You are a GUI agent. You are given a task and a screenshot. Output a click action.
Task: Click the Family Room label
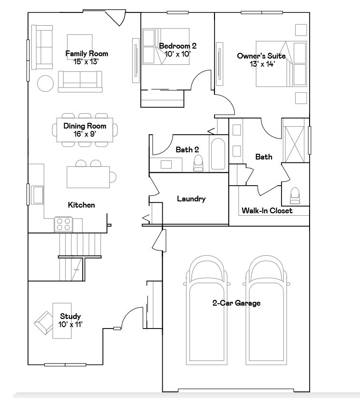pos(87,53)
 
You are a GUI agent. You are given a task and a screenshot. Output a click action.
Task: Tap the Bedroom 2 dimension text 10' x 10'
pos(177,54)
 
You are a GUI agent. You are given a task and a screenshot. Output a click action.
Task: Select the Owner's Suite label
pos(262,56)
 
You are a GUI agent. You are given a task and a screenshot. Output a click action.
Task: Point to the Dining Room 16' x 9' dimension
pos(85,134)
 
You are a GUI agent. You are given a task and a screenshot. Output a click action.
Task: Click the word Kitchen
pos(81,205)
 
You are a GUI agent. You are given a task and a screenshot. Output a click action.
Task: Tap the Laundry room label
pos(191,199)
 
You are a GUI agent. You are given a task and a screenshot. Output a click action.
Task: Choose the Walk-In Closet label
pos(267,210)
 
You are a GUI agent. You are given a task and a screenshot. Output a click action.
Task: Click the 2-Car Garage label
pos(236,303)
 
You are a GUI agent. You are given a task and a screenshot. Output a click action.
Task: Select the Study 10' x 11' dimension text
pos(70,324)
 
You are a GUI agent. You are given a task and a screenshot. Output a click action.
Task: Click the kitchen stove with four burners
pos(63,224)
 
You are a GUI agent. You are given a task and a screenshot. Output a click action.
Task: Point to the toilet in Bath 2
pos(198,163)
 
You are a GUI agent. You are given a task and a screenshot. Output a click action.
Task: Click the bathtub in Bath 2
pos(218,154)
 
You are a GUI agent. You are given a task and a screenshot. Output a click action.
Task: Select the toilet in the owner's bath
pos(295,196)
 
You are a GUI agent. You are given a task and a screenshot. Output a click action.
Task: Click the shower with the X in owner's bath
pos(294,144)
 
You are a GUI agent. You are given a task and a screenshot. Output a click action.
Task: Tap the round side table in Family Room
pos(45,83)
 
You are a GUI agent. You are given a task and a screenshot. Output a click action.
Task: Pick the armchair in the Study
pos(44,323)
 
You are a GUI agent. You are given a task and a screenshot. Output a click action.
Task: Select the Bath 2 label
pos(187,149)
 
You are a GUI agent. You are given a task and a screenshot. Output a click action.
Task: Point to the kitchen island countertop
pos(88,177)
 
